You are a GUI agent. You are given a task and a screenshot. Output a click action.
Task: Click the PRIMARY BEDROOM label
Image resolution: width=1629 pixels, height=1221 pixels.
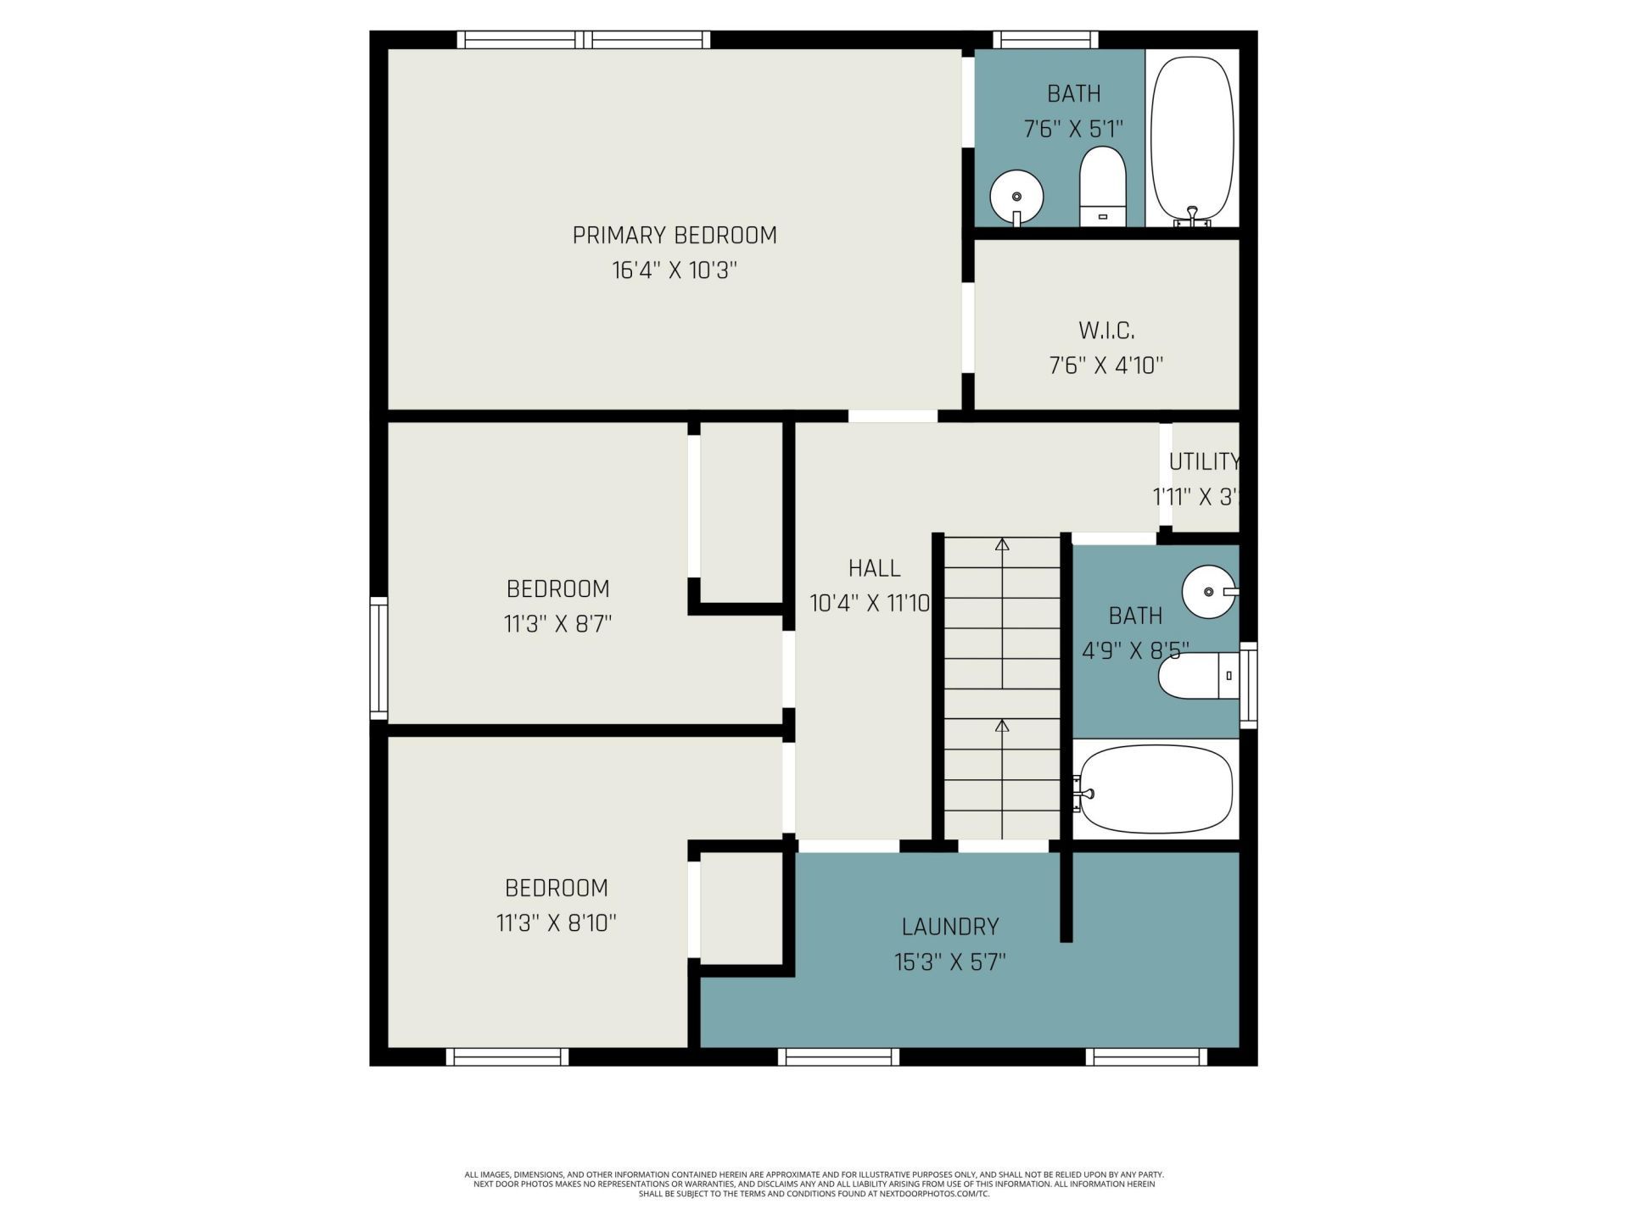(675, 235)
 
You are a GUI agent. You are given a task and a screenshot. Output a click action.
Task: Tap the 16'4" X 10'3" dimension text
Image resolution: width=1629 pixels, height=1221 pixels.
(675, 270)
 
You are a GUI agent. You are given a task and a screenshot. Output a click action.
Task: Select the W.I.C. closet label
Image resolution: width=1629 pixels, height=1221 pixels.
(1106, 330)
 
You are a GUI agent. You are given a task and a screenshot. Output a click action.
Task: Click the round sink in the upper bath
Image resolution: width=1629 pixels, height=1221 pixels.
(1016, 197)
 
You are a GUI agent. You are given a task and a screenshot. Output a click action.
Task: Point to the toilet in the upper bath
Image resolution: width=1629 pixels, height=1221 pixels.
(1102, 187)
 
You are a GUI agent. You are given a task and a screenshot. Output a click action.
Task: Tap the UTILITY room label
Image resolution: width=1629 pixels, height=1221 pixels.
(1204, 462)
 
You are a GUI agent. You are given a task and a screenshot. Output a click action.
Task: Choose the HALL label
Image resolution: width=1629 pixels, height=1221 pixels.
(874, 568)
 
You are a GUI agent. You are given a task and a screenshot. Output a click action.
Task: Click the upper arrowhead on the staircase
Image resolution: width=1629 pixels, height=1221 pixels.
(1002, 544)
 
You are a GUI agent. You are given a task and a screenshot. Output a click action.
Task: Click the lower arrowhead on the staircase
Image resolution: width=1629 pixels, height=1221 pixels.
(1002, 726)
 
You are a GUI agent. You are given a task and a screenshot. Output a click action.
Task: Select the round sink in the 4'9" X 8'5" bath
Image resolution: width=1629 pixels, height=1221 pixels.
(1208, 592)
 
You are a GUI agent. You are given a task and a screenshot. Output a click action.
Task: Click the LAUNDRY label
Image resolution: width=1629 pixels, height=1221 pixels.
(950, 927)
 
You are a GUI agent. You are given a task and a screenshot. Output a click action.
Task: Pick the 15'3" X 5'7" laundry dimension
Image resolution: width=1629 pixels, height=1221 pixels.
(950, 962)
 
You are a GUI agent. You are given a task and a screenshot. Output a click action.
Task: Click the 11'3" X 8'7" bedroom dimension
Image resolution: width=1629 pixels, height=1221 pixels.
(557, 624)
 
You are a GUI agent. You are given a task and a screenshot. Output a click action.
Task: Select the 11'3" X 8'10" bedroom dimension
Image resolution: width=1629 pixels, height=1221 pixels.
(556, 923)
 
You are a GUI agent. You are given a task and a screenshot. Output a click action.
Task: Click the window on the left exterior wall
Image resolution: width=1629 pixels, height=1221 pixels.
(378, 659)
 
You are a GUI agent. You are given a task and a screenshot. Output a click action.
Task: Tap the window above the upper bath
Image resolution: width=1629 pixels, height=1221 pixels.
(1045, 39)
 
